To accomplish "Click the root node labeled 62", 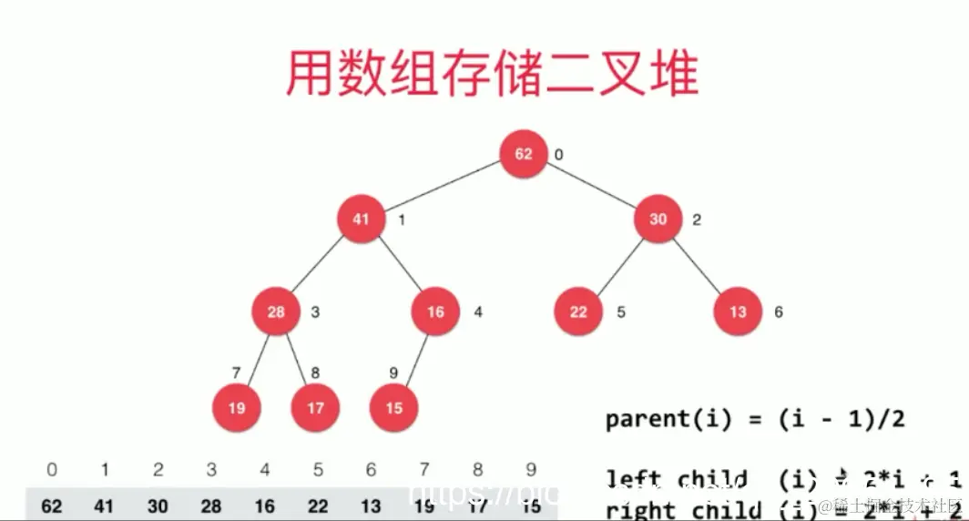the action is [524, 153].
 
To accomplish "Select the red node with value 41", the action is [362, 220].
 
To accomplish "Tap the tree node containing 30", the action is [658, 220].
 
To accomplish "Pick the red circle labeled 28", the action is [276, 312].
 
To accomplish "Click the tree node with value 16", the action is [435, 312].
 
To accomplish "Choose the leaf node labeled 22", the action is [578, 312].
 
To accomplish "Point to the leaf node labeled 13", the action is [738, 312].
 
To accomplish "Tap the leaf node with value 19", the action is [236, 407].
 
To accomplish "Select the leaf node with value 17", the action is [315, 407].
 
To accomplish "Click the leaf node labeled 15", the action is [393, 407].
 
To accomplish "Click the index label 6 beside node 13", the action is [779, 312].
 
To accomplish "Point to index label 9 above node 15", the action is [393, 373].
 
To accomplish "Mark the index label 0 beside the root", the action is [558, 154].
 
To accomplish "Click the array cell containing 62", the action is [52, 506].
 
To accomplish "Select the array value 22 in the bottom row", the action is [318, 506].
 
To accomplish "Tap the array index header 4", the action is [264, 470].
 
